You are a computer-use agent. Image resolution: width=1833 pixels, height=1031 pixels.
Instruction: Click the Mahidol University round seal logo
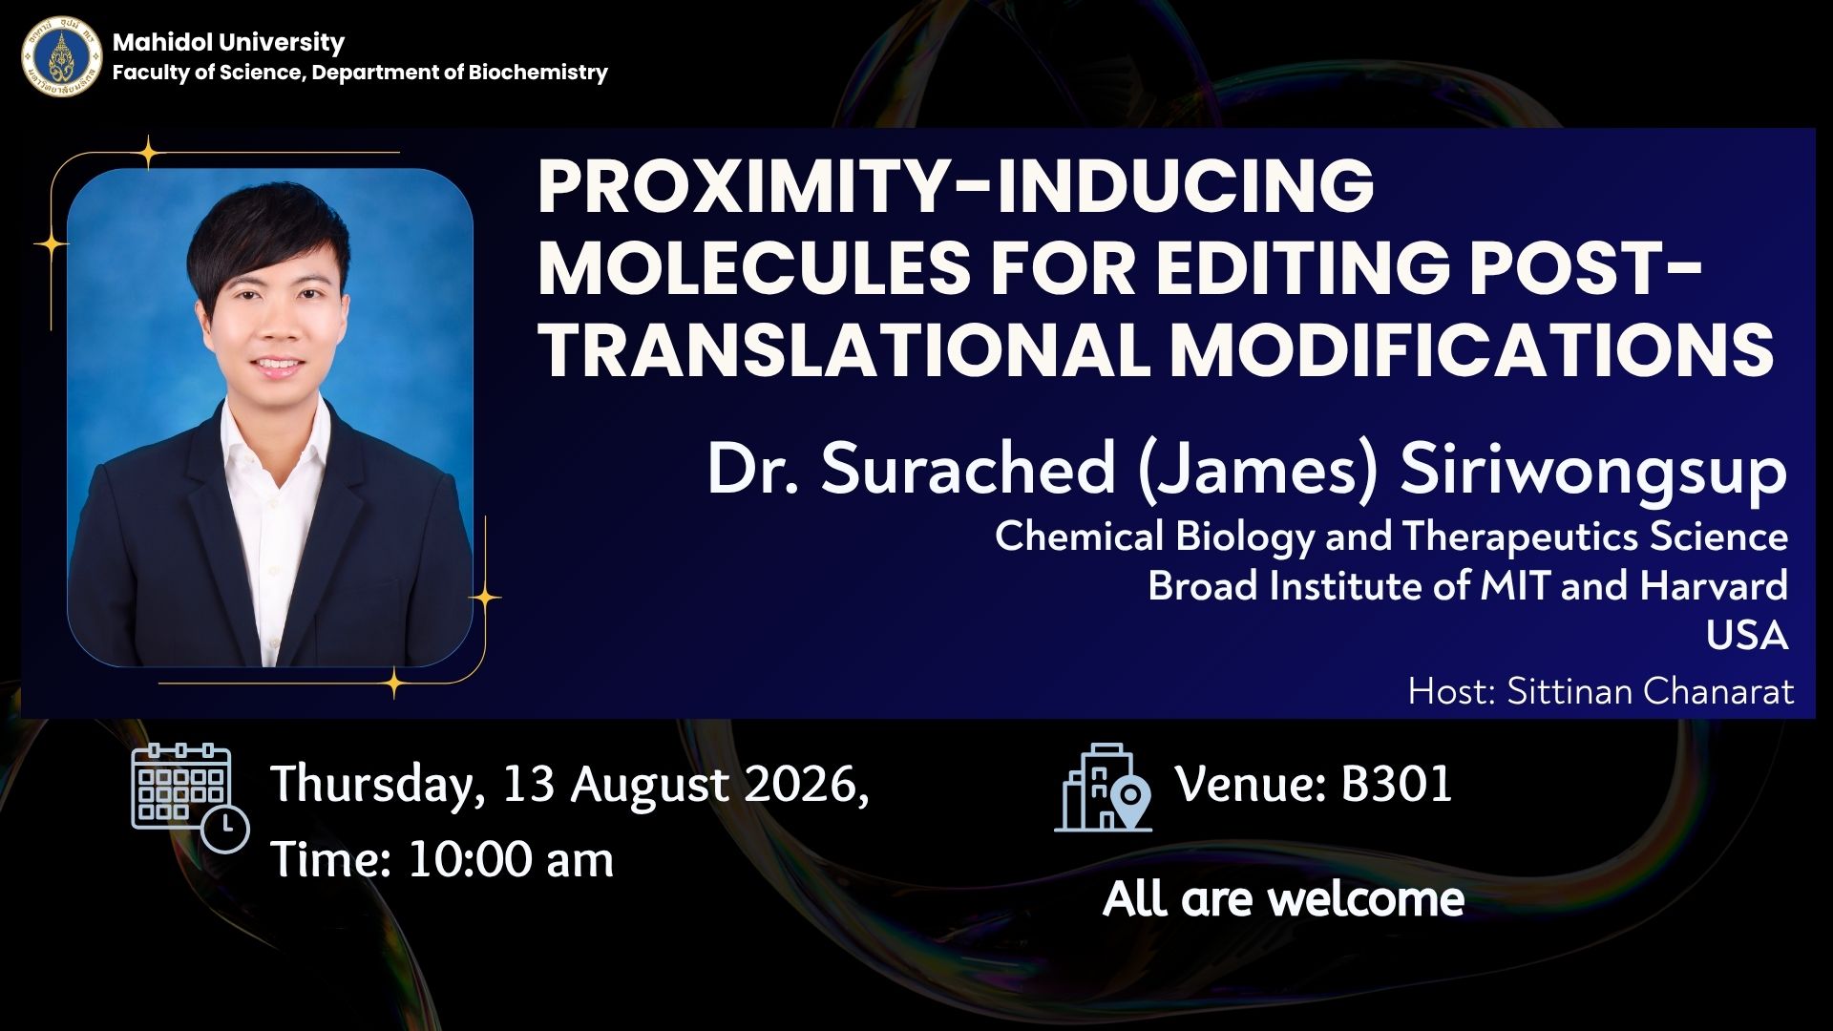coord(62,56)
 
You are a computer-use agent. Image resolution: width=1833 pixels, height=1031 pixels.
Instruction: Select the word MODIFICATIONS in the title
coord(1472,348)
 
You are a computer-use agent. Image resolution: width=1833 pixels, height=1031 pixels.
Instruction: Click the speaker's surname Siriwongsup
coord(1593,470)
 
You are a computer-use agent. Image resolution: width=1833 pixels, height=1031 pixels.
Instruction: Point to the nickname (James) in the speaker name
coord(1257,470)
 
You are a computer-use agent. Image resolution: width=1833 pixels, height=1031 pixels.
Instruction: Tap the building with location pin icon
coord(1104,788)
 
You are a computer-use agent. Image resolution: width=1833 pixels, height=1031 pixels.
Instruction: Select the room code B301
coord(1397,784)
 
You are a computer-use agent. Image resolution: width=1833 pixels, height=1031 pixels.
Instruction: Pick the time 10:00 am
coord(511,859)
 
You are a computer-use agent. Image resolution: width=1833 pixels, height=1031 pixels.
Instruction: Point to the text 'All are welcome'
coord(1283,898)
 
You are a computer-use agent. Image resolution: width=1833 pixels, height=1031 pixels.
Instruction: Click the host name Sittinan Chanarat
coord(1651,691)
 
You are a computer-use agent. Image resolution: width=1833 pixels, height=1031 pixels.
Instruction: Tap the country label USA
coord(1747,635)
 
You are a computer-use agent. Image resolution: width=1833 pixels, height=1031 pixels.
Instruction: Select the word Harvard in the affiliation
coord(1714,585)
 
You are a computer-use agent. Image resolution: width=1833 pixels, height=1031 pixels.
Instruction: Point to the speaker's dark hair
coord(267,239)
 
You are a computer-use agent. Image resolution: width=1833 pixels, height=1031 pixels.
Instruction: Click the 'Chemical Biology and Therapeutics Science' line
coord(1391,537)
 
